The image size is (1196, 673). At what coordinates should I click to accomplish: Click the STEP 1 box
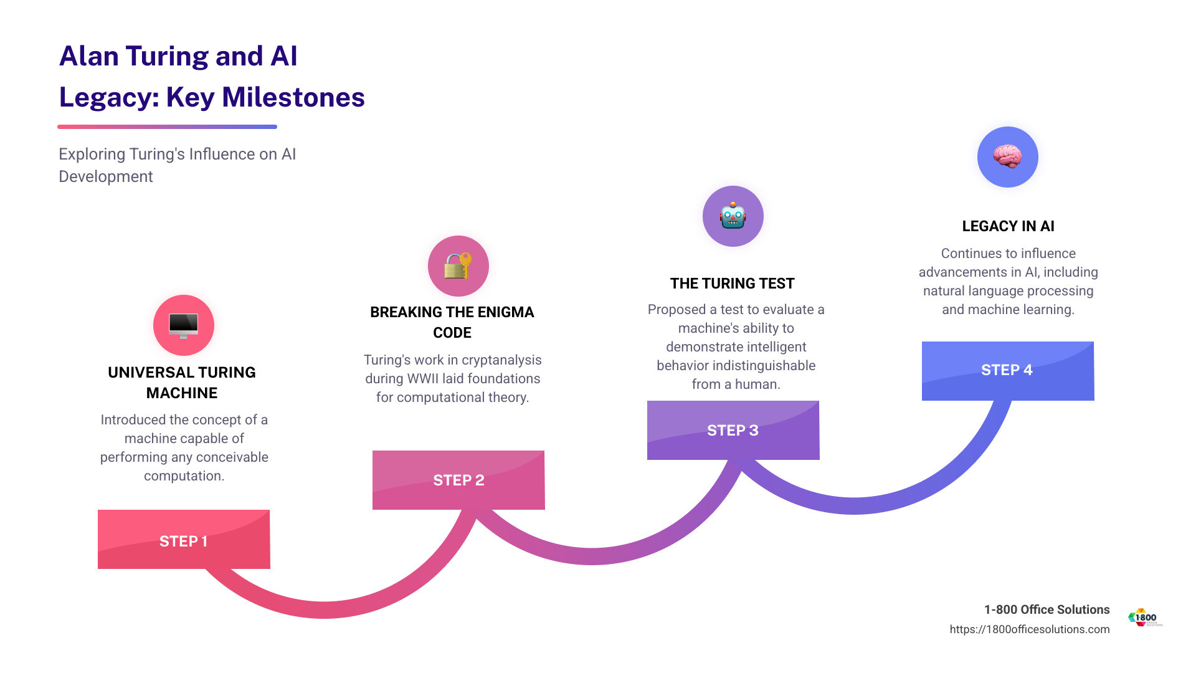coord(184,540)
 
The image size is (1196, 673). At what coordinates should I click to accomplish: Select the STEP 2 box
coord(458,480)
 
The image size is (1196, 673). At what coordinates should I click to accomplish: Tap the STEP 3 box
coord(733,430)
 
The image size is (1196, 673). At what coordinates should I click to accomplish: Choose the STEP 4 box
coord(1007,370)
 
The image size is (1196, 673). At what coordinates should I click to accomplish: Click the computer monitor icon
coord(184,325)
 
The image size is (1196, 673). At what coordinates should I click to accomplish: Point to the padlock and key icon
coord(458,266)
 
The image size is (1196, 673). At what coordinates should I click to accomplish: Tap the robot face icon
coord(733,216)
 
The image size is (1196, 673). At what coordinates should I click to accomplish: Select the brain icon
coord(1007,156)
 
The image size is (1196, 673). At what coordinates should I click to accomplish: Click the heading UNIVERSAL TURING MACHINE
coord(182,383)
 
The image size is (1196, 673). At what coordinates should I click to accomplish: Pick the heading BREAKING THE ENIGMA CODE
coord(452,322)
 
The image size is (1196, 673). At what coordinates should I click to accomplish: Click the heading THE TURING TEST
coord(732,284)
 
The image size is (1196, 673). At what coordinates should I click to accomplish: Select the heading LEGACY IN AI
coord(1008,226)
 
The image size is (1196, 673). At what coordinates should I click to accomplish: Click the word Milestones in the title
coord(293,97)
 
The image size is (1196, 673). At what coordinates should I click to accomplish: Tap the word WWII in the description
coord(423,379)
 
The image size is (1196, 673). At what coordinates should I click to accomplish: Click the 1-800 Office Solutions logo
coord(1144,618)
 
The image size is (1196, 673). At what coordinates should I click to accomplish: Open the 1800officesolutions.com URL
coord(1029,629)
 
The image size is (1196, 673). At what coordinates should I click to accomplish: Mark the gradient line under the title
coord(167,127)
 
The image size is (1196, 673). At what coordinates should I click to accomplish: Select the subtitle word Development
coord(106,177)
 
